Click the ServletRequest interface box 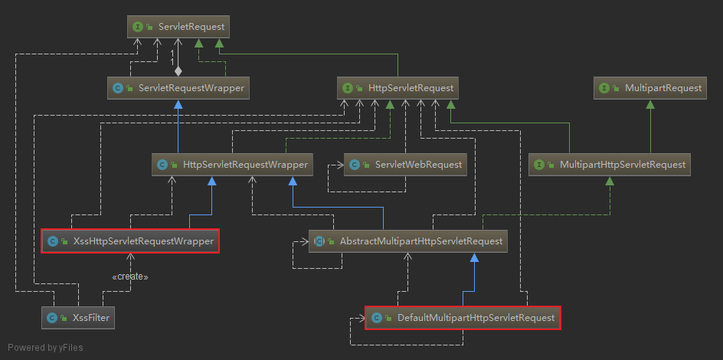pos(178,27)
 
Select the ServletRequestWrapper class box pos(178,88)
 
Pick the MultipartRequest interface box pos(649,88)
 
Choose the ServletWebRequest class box pos(404,165)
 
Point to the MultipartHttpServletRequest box pos(610,165)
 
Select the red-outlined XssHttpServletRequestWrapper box pos(130,241)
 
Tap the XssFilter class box pos(77,316)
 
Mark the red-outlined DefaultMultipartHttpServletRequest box pos(463,317)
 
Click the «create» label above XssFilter pos(130,277)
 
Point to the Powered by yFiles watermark pos(45,348)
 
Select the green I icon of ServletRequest pos(137,27)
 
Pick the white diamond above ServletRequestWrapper pos(178,71)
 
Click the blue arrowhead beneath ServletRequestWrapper pos(178,104)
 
